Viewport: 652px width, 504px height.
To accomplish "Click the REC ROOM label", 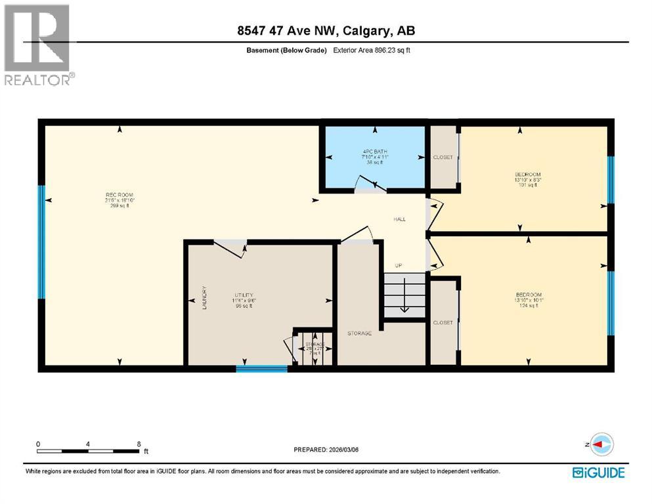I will pyautogui.click(x=120, y=194).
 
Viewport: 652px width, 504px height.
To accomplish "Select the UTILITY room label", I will pyautogui.click(x=244, y=295).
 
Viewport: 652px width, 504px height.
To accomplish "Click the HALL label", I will pyautogui.click(x=399, y=219).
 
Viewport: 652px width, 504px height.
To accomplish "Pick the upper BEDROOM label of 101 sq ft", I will pyautogui.click(x=527, y=175).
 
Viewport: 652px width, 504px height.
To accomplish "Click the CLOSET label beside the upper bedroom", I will pyautogui.click(x=443, y=157).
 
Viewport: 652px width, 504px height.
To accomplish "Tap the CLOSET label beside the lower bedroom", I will pyautogui.click(x=443, y=323).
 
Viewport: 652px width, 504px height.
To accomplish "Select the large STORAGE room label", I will pyautogui.click(x=359, y=333).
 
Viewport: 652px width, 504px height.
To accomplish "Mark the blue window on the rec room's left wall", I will pyautogui.click(x=42, y=241).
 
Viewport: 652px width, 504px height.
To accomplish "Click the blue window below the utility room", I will pyautogui.click(x=261, y=369).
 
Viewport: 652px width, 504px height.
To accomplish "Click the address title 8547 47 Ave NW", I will pyautogui.click(x=326, y=31).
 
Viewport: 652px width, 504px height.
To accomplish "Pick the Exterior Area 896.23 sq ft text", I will pyautogui.click(x=372, y=50).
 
